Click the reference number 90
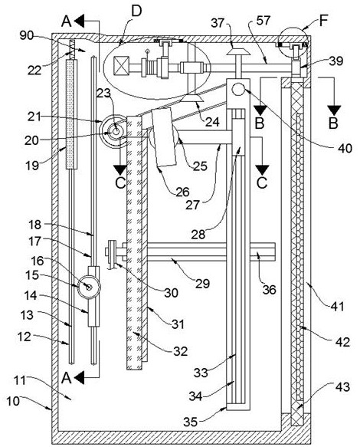(x=27, y=35)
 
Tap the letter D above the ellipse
(x=136, y=12)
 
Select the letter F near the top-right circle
(x=323, y=21)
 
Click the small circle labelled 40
(x=239, y=90)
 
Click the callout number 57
(x=263, y=21)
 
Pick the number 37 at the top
(x=218, y=23)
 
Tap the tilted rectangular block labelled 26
(x=164, y=137)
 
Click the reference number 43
(x=342, y=387)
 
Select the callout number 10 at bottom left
(x=13, y=401)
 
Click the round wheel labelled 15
(x=89, y=287)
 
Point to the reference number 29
(x=202, y=284)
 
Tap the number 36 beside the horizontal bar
(x=269, y=290)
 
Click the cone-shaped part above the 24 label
(x=192, y=99)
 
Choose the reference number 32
(x=181, y=351)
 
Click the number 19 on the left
(x=32, y=165)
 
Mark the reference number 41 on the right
(x=337, y=307)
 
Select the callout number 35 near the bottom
(x=190, y=422)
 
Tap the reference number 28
(x=198, y=235)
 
